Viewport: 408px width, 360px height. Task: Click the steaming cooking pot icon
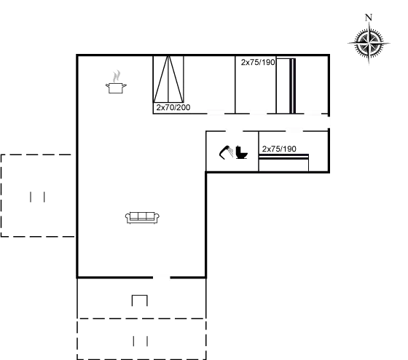pyautogui.click(x=116, y=82)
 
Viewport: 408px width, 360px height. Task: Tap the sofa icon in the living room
pyautogui.click(x=142, y=218)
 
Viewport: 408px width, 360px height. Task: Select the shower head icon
pyautogui.click(x=226, y=152)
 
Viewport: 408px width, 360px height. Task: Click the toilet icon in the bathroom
pyautogui.click(x=241, y=152)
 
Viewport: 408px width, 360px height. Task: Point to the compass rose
pyautogui.click(x=369, y=43)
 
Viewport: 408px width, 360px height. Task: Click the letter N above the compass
pyautogui.click(x=369, y=17)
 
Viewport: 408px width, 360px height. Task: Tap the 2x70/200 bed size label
pyautogui.click(x=173, y=107)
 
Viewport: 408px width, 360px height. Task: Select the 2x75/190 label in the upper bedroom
pyautogui.click(x=258, y=62)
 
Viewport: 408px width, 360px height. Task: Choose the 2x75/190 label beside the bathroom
pyautogui.click(x=279, y=149)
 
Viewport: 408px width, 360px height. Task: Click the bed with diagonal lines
pyautogui.click(x=168, y=79)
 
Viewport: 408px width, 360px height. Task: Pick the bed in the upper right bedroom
pyautogui.click(x=286, y=86)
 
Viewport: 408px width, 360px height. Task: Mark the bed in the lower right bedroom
pyautogui.click(x=283, y=163)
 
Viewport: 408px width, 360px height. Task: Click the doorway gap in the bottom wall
pyautogui.click(x=161, y=278)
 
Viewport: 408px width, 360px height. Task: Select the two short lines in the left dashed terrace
pyautogui.click(x=37, y=197)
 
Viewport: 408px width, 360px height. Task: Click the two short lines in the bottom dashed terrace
pyautogui.click(x=141, y=341)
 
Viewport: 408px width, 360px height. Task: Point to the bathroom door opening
pyautogui.click(x=234, y=131)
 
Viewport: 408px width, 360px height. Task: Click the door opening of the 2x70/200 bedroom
pyautogui.click(x=216, y=114)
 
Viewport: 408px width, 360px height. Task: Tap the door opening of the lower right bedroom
pyautogui.click(x=294, y=131)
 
